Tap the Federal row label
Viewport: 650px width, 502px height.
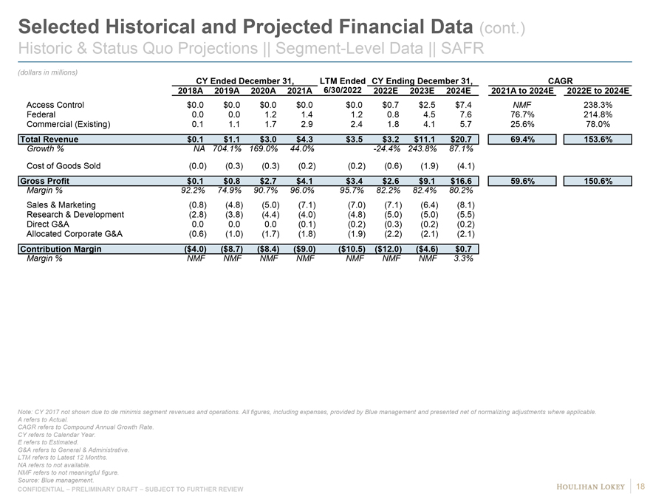41,115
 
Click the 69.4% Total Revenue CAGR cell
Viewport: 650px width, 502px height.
521,140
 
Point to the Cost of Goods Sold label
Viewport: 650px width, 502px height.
64,165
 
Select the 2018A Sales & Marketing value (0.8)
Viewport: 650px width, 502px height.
196,204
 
